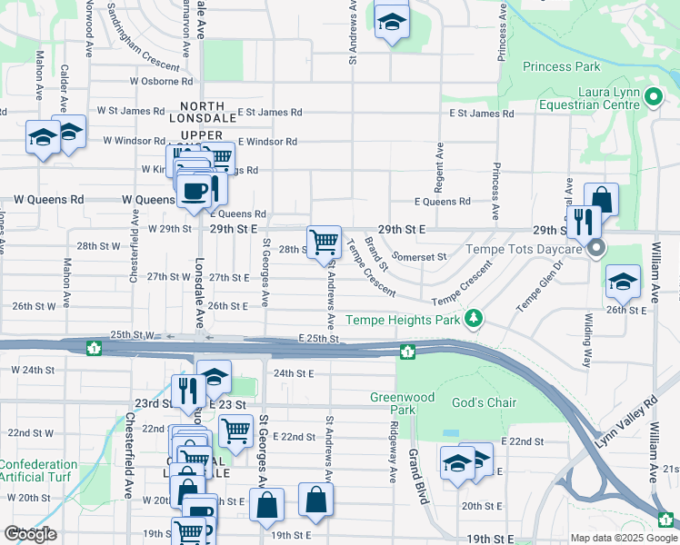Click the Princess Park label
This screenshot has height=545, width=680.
pos(561,66)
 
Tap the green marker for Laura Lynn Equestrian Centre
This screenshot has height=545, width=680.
pos(653,96)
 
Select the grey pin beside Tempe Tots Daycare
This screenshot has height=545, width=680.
pos(596,248)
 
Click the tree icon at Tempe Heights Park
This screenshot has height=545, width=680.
pos(473,319)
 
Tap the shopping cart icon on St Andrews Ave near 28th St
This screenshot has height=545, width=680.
pos(324,243)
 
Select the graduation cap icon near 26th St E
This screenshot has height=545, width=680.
pos(623,282)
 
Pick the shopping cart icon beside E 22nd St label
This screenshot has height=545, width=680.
pos(235,431)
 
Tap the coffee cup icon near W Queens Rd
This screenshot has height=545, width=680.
pos(194,191)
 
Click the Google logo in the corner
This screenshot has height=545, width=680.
pos(30,533)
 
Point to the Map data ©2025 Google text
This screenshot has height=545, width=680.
pos(623,538)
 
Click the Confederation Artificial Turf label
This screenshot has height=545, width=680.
pos(38,471)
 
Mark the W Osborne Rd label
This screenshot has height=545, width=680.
pos(159,81)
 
